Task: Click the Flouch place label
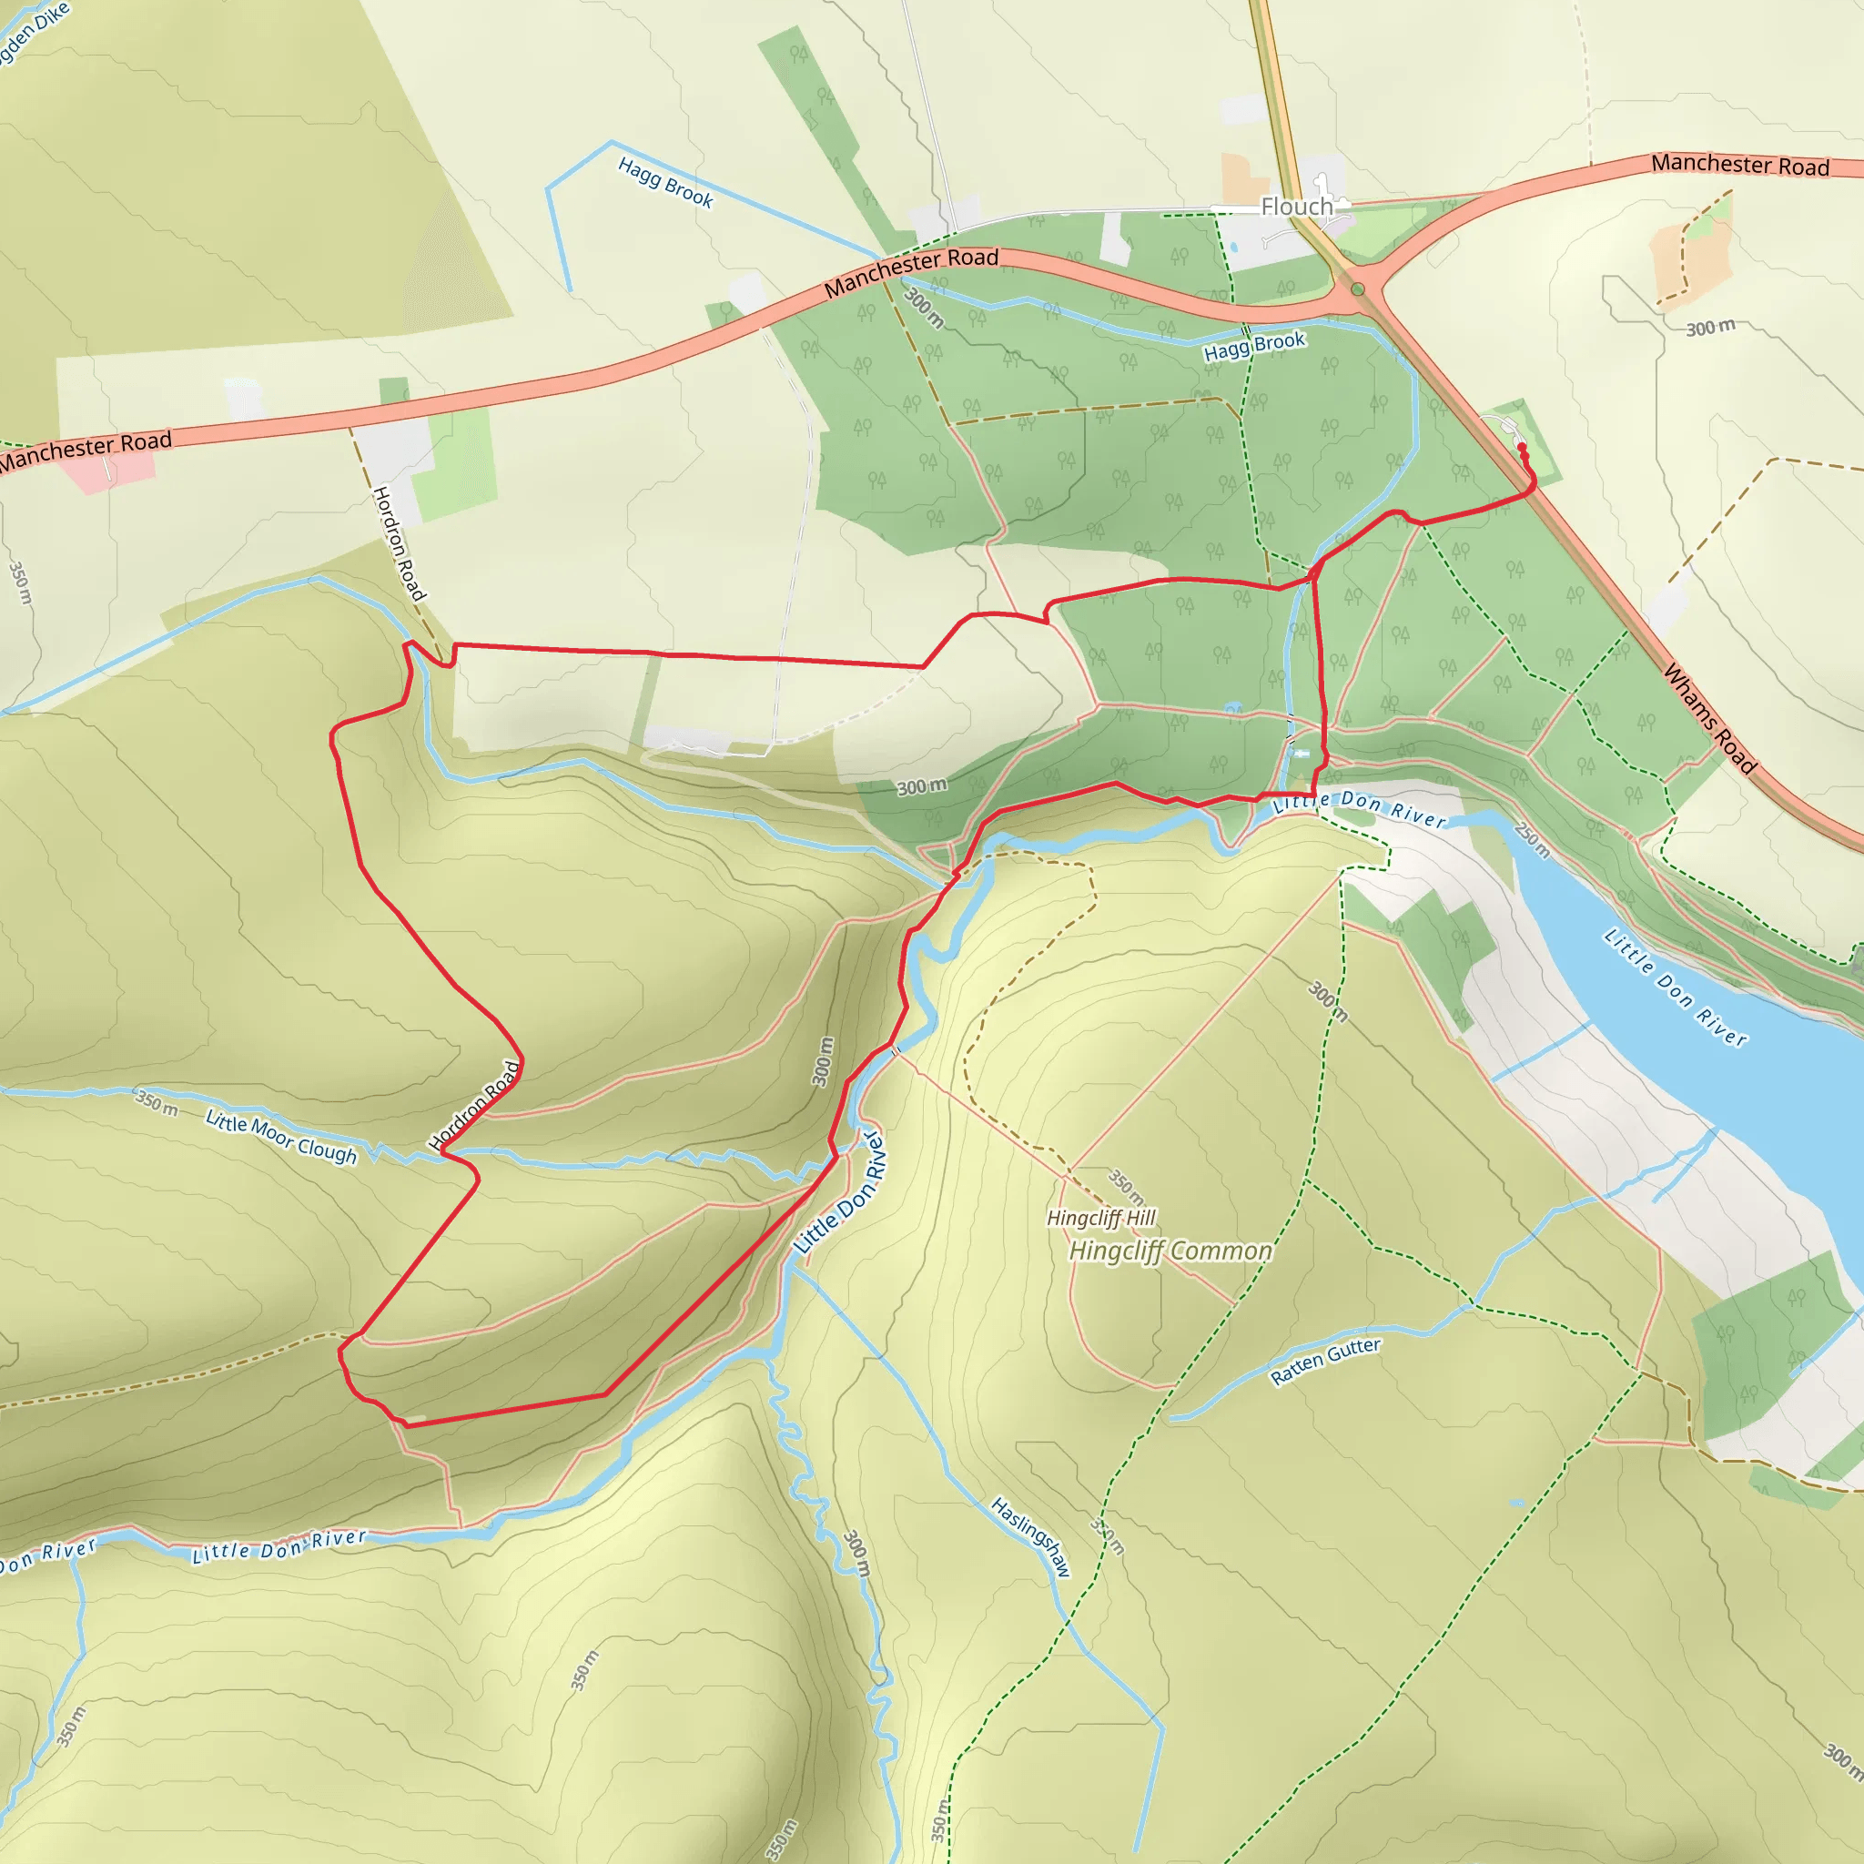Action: point(1296,208)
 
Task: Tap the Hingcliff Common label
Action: point(1170,1251)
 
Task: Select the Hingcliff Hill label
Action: point(1101,1218)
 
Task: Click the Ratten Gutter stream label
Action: point(1324,1362)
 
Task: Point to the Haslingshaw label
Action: point(1030,1537)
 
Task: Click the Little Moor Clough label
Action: point(280,1137)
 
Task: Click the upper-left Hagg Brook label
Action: point(665,182)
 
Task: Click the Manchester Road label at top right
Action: point(1739,165)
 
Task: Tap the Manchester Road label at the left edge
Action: point(85,450)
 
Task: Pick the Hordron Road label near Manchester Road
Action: point(399,542)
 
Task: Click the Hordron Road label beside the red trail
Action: point(475,1106)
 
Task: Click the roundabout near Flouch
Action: point(1357,289)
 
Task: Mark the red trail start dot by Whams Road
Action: point(1522,447)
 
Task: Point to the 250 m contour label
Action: point(1532,839)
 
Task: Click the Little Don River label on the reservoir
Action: point(1674,987)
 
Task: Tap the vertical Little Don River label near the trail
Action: point(839,1193)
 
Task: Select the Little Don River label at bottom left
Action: point(279,1545)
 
